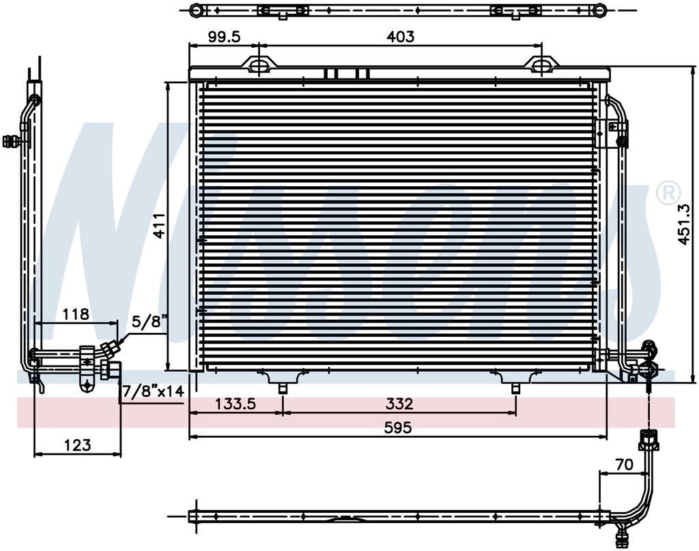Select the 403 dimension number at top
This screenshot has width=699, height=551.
click(400, 37)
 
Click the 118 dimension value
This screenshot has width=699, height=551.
click(76, 314)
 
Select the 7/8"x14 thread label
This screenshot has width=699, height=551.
click(152, 392)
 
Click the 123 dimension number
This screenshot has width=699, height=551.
click(78, 445)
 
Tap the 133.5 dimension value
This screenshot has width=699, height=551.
click(235, 404)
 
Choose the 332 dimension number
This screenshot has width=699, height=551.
click(399, 404)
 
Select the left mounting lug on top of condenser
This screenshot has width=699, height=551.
click(260, 64)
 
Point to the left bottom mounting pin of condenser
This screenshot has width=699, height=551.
click(283, 387)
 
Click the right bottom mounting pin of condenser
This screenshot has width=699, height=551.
click(516, 387)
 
